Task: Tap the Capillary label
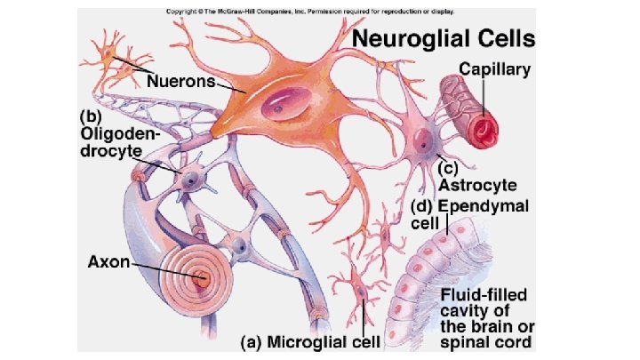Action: pos(495,67)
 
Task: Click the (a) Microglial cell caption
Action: pos(313,340)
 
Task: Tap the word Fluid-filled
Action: pos(485,292)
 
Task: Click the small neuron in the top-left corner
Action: pos(109,57)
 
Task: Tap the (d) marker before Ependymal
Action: pos(421,206)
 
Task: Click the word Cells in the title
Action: pos(508,39)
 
